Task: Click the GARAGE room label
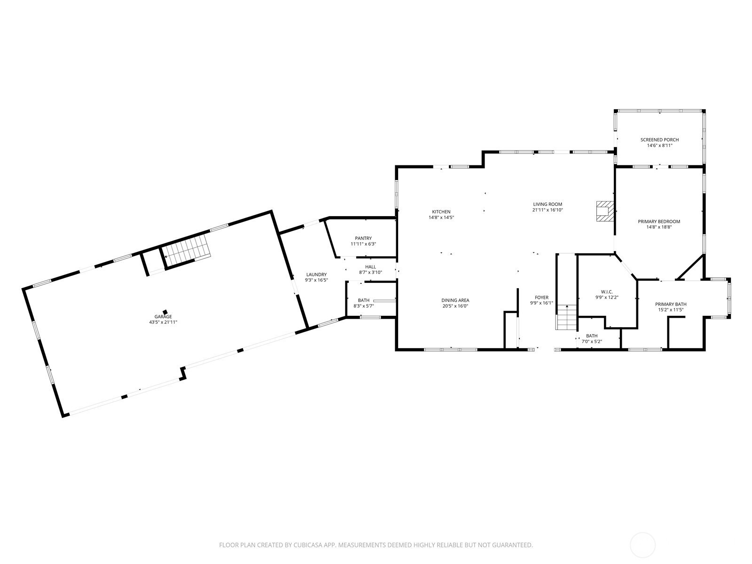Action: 163,317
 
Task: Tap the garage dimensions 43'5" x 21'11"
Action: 163,322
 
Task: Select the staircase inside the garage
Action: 186,247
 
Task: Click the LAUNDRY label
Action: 316,274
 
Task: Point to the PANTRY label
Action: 363,238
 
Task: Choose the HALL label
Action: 370,267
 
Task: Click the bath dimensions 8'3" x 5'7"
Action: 363,306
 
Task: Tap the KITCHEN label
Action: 441,212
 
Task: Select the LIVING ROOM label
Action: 548,204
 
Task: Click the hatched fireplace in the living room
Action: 604,211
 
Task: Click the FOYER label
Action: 541,298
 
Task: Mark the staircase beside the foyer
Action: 567,317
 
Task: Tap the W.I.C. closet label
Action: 607,292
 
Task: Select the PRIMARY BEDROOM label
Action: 659,221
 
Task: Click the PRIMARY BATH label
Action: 671,304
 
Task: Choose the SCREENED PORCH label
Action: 659,140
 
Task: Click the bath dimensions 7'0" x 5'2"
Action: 592,341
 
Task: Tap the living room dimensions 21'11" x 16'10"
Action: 548,210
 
